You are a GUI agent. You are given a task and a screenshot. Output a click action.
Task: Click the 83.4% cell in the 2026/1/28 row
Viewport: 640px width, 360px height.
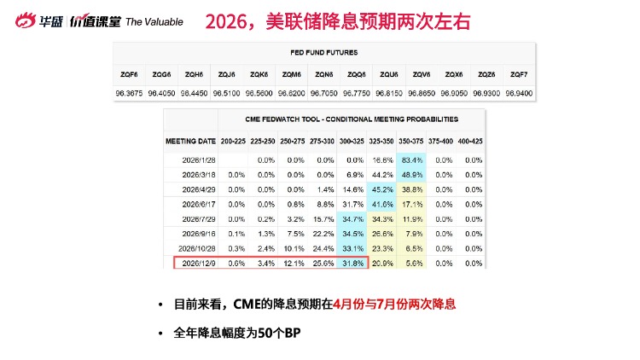click(x=436, y=160)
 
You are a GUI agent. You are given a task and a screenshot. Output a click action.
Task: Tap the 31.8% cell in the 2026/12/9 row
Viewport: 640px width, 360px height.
click(x=352, y=263)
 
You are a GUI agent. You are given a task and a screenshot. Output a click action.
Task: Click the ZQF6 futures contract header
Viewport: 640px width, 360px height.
click(x=130, y=75)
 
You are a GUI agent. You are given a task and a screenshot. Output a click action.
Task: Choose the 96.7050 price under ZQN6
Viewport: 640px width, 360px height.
click(x=324, y=91)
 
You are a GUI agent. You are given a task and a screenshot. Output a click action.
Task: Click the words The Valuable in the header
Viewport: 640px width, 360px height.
click(x=154, y=21)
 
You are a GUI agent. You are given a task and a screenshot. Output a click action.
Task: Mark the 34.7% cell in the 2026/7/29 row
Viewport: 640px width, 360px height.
click(x=352, y=218)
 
